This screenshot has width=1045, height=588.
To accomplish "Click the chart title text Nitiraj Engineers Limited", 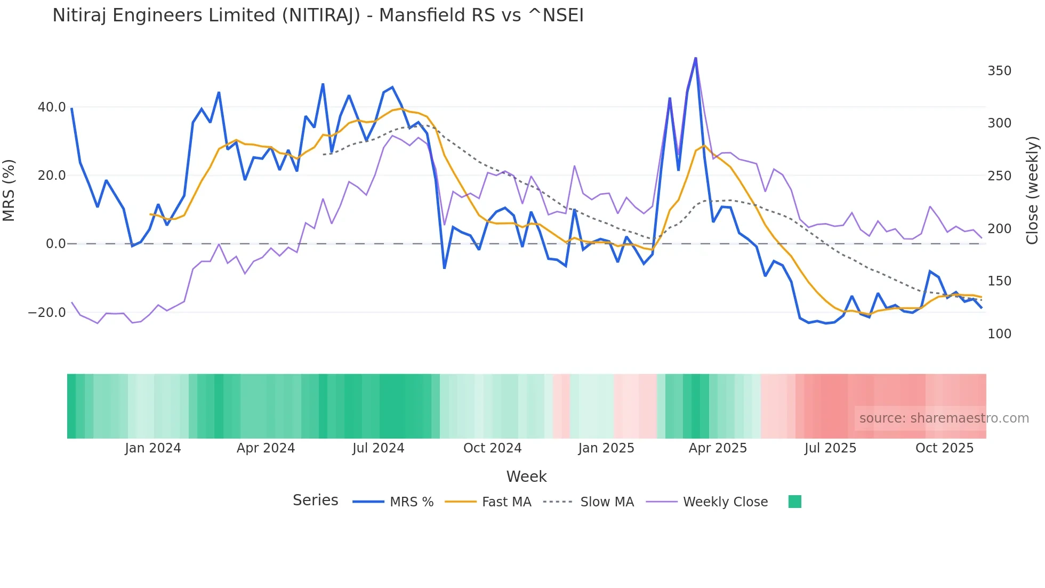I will [318, 15].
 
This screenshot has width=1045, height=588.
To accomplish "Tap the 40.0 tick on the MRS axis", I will [52, 107].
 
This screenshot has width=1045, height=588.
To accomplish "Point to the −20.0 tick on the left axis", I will [47, 313].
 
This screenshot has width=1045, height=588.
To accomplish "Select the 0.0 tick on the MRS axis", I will [55, 244].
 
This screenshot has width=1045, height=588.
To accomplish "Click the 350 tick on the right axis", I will [999, 71].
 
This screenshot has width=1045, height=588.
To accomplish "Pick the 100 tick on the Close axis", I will [999, 334].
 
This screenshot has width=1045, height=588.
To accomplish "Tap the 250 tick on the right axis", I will [999, 176].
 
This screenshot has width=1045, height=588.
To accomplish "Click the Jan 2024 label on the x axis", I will [153, 448].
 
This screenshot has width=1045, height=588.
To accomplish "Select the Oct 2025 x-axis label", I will [944, 448].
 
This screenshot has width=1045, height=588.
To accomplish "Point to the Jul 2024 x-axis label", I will [378, 448].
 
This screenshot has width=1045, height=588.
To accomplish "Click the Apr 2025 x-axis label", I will [718, 448].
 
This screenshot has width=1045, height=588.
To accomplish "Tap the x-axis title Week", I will [526, 476].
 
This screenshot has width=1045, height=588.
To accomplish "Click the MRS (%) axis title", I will [9, 190].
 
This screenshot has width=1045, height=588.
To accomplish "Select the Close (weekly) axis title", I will [1033, 190].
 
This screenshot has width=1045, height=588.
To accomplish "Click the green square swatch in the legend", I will [794, 502].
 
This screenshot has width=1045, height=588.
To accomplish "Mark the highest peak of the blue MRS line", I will [695, 58].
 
